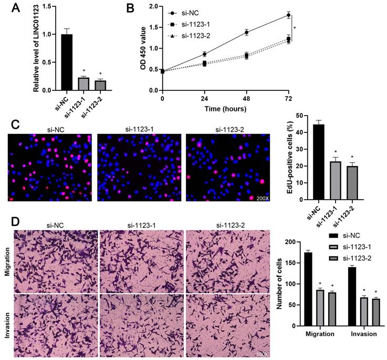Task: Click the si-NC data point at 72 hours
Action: [288, 15]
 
